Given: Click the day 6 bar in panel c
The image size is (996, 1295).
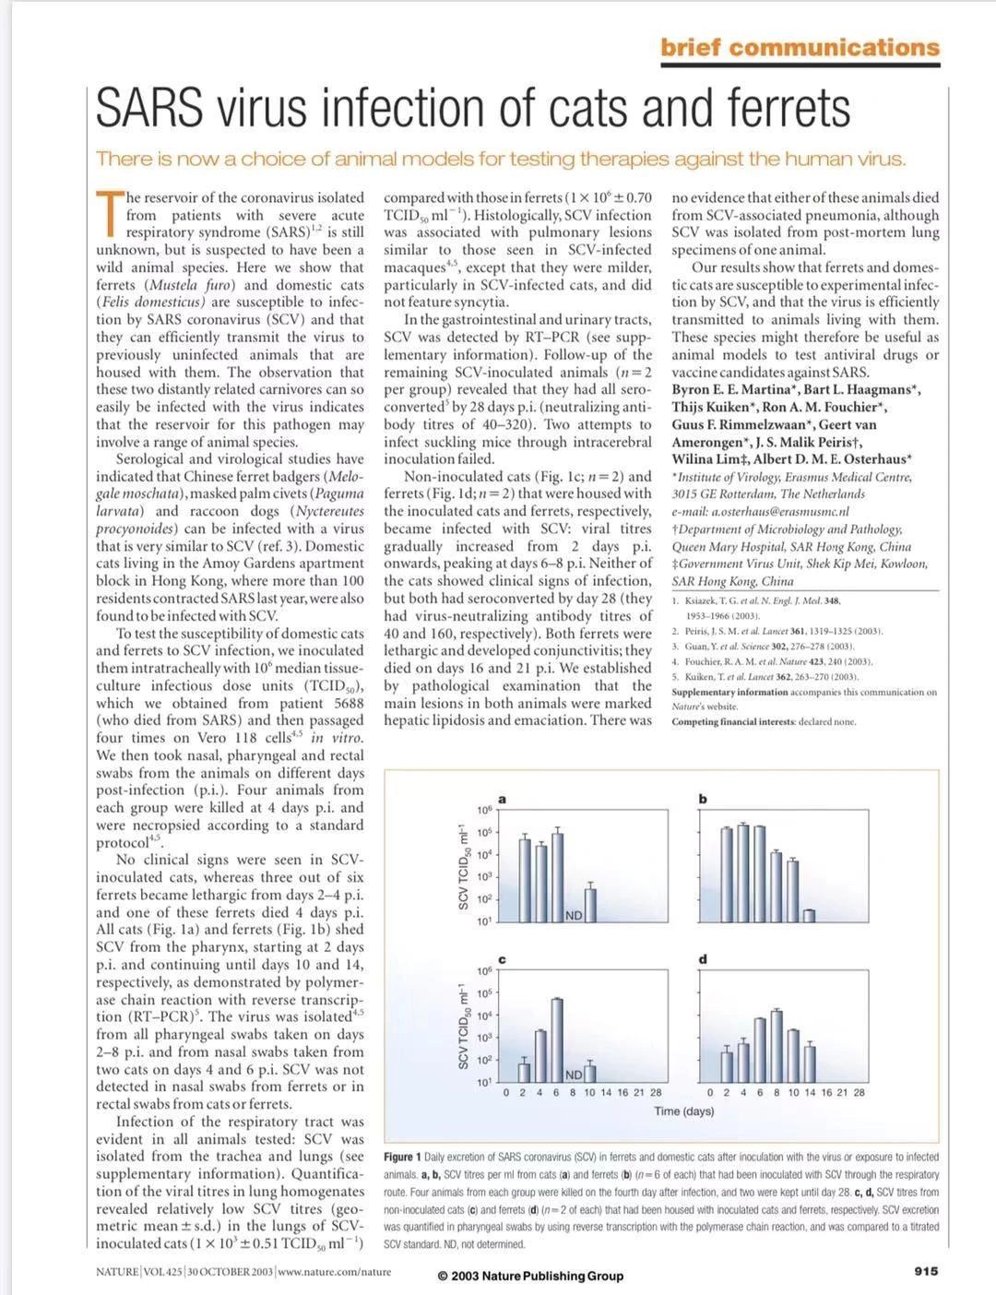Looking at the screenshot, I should (x=557, y=1040).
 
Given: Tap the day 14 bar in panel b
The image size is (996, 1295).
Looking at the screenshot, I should (x=809, y=915).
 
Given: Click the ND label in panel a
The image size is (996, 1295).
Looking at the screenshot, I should (x=574, y=915).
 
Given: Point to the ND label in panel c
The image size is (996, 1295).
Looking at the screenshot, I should (x=574, y=1075).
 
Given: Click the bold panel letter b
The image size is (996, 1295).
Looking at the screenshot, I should (x=703, y=799).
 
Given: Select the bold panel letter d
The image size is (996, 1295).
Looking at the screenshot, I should (x=703, y=959).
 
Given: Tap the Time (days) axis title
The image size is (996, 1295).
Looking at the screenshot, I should (x=684, y=1111).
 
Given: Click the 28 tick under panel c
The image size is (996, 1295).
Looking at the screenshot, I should (x=656, y=1092).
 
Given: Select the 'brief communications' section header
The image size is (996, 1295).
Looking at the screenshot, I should (x=800, y=48).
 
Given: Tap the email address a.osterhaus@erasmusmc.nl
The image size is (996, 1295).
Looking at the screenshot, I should (x=760, y=511).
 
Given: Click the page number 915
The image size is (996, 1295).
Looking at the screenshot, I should (x=926, y=1271).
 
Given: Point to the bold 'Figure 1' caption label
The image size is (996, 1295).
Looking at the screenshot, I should (x=403, y=1157).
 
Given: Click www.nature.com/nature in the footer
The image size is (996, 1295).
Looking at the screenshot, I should (x=334, y=1272).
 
